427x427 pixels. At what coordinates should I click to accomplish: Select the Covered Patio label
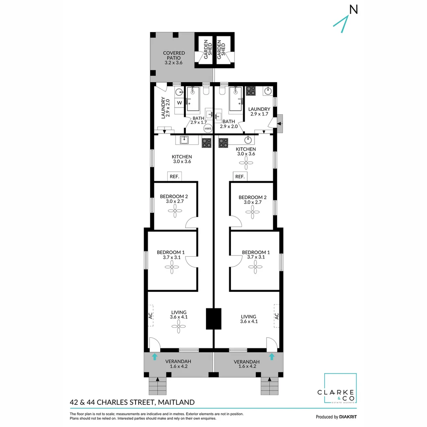coord(174,58)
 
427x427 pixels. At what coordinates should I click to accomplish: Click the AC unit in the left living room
coord(151,316)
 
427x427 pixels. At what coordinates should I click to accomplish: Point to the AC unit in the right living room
coord(276,316)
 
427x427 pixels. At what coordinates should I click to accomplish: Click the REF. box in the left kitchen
coord(174,177)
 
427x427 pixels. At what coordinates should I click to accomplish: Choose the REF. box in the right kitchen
coord(240,177)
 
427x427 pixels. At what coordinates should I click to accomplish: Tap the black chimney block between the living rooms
coord(214,319)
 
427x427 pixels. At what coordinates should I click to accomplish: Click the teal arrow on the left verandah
coord(155,357)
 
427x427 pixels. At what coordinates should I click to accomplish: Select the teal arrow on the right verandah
coord(272,357)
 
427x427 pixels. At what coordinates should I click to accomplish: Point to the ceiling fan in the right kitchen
coord(246,162)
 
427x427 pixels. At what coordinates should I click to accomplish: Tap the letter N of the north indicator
coord(353,9)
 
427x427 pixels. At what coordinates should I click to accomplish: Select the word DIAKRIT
coord(348,417)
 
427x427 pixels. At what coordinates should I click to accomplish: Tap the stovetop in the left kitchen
coord(206,142)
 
